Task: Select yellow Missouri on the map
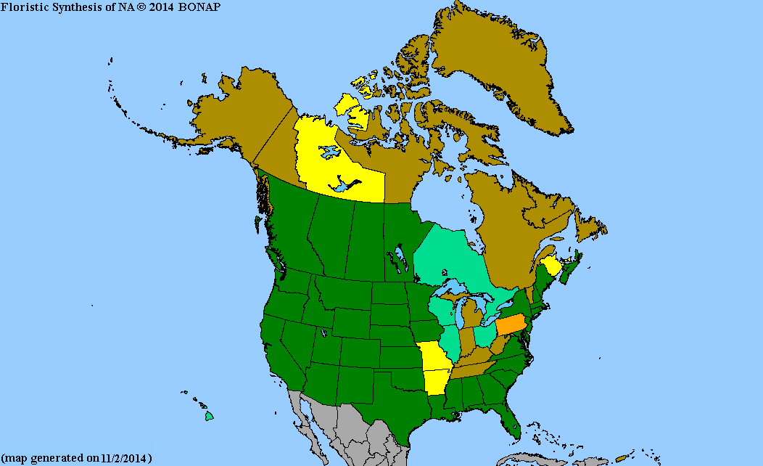tap(434, 357)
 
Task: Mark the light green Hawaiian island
tap(209, 417)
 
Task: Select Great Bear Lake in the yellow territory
tap(329, 152)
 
